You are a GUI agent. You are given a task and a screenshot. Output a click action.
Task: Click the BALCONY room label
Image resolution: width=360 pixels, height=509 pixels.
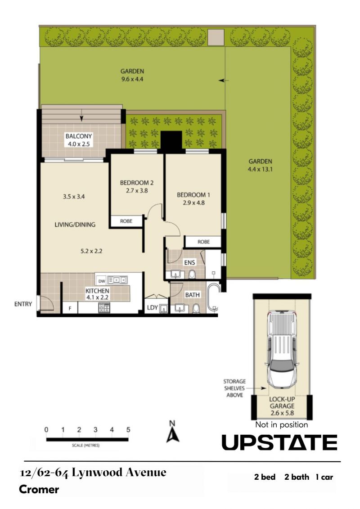coord(79,136)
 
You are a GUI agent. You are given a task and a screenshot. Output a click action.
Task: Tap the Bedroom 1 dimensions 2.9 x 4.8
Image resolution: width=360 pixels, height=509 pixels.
coord(193,203)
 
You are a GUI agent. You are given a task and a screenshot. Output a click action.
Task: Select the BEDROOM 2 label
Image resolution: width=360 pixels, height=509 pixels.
coord(137,183)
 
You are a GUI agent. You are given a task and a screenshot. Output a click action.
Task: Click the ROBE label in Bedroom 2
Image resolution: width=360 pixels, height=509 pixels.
coord(126,221)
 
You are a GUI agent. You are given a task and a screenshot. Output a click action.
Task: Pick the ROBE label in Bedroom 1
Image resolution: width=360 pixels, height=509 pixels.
coord(203,242)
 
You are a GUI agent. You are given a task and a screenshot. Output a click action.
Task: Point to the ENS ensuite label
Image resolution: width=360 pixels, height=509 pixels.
coord(189,262)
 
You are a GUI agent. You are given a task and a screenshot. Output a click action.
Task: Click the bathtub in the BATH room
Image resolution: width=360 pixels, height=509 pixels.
coord(213,297)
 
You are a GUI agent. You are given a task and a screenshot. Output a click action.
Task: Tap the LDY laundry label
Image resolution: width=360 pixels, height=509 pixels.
coord(152,307)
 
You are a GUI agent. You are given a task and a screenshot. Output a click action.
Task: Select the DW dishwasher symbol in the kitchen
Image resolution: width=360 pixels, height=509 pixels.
coord(102,281)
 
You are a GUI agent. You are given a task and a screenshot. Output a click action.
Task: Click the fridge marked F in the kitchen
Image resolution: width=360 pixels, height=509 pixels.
coord(70,308)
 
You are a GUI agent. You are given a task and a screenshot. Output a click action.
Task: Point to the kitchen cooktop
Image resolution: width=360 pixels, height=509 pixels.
coord(104,308)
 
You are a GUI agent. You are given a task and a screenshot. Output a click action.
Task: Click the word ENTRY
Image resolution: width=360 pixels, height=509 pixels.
coord(23,304)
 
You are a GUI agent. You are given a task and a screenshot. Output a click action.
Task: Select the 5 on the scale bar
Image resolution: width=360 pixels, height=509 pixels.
coord(128,429)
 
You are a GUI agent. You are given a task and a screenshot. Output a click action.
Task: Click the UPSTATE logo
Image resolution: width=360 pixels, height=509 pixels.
coord(279,442)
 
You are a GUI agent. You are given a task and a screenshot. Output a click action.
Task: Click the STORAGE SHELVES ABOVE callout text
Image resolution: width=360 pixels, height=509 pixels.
coord(235,388)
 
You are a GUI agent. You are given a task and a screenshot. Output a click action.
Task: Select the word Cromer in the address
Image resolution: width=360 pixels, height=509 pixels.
coord(39,489)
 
